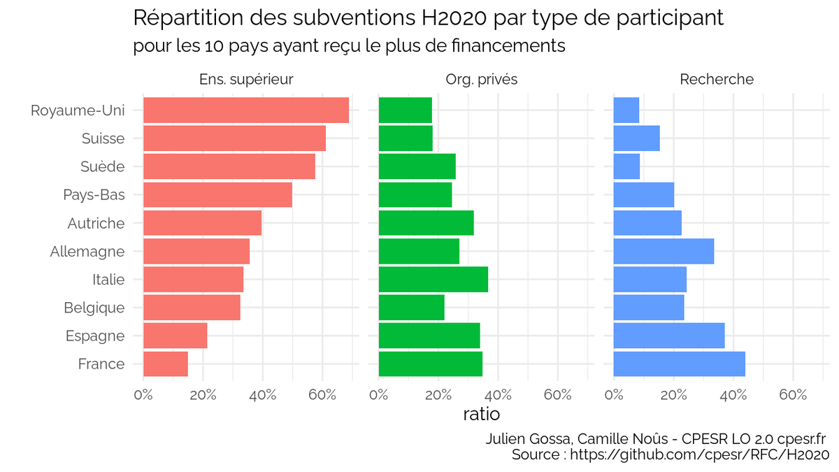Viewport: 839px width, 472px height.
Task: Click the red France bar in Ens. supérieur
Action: (166, 364)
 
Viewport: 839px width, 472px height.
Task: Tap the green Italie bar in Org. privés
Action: (433, 280)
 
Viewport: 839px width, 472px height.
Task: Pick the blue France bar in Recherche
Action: (679, 364)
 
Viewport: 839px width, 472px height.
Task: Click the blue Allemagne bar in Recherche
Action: (664, 251)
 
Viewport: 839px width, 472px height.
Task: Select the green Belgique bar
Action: (411, 308)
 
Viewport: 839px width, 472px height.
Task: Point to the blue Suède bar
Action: (626, 166)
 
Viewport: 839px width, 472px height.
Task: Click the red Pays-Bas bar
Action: (217, 195)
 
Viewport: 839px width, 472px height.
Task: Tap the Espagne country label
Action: (95, 336)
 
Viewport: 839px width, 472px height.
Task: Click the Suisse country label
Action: (103, 138)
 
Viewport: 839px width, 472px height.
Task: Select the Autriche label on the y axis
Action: (96, 224)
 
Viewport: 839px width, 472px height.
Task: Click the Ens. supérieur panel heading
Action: (246, 80)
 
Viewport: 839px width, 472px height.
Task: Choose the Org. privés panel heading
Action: (481, 80)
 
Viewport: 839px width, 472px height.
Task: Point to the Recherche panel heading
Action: (717, 80)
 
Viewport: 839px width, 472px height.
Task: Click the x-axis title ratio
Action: (481, 414)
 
